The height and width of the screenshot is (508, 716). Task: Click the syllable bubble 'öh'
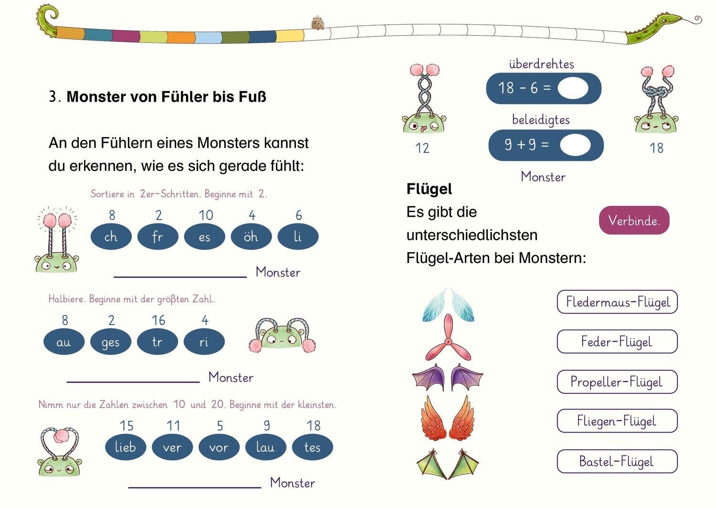tap(251, 237)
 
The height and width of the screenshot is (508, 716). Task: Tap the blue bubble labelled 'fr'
tap(158, 237)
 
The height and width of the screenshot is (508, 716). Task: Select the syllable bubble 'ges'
tap(111, 342)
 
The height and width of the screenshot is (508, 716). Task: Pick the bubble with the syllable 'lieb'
tap(126, 447)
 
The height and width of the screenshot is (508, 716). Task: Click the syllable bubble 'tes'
tap(313, 447)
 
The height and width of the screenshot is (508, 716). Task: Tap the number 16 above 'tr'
tap(158, 320)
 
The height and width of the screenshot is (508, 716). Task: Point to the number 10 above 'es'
tap(206, 215)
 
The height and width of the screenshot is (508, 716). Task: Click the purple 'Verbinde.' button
tap(634, 220)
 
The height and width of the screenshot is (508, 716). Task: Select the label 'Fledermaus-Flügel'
tap(617, 302)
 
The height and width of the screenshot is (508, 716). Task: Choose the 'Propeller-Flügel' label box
tap(617, 381)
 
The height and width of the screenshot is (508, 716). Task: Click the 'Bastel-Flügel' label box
tap(617, 461)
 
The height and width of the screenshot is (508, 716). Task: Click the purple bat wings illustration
tap(447, 377)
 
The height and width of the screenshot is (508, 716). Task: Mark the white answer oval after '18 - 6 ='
tap(573, 88)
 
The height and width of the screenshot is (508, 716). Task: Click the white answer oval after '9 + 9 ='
tap(575, 145)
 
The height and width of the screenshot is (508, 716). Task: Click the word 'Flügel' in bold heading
tap(429, 189)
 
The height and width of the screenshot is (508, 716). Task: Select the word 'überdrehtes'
tap(541, 64)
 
